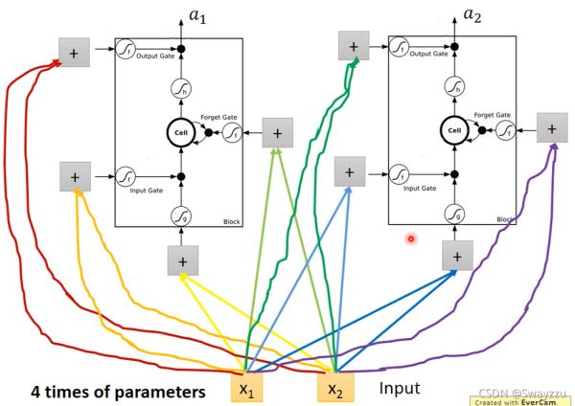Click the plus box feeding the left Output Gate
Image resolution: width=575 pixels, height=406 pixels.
coord(74,54)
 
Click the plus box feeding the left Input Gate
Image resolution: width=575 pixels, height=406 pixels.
coord(75,176)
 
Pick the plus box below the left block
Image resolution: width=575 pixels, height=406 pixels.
coord(182,259)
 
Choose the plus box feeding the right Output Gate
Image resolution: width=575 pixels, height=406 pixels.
coord(353,45)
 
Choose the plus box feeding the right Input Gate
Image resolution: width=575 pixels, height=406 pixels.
coord(349,172)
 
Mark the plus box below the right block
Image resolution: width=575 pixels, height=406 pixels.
coord(457,255)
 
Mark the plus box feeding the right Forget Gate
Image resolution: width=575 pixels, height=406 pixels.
coord(550,127)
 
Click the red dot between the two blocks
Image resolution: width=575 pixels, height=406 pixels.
coord(410,238)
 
